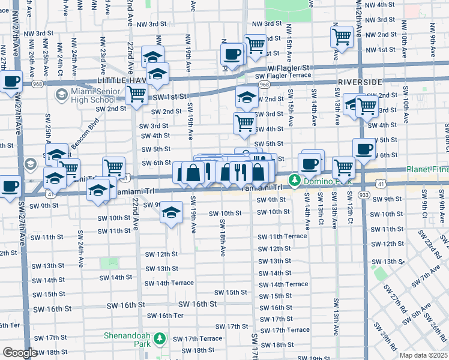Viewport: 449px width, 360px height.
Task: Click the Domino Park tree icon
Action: pos(295,179)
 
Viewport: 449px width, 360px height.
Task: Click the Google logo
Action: pos(20,353)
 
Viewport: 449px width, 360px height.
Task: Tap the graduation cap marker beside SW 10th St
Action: pos(172,213)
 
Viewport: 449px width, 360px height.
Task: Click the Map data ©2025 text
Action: pos(423,355)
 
